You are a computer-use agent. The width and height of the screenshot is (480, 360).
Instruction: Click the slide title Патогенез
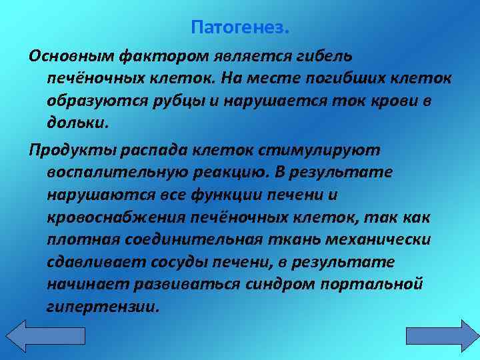240,28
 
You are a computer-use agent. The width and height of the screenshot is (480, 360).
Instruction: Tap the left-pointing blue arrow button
25,335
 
